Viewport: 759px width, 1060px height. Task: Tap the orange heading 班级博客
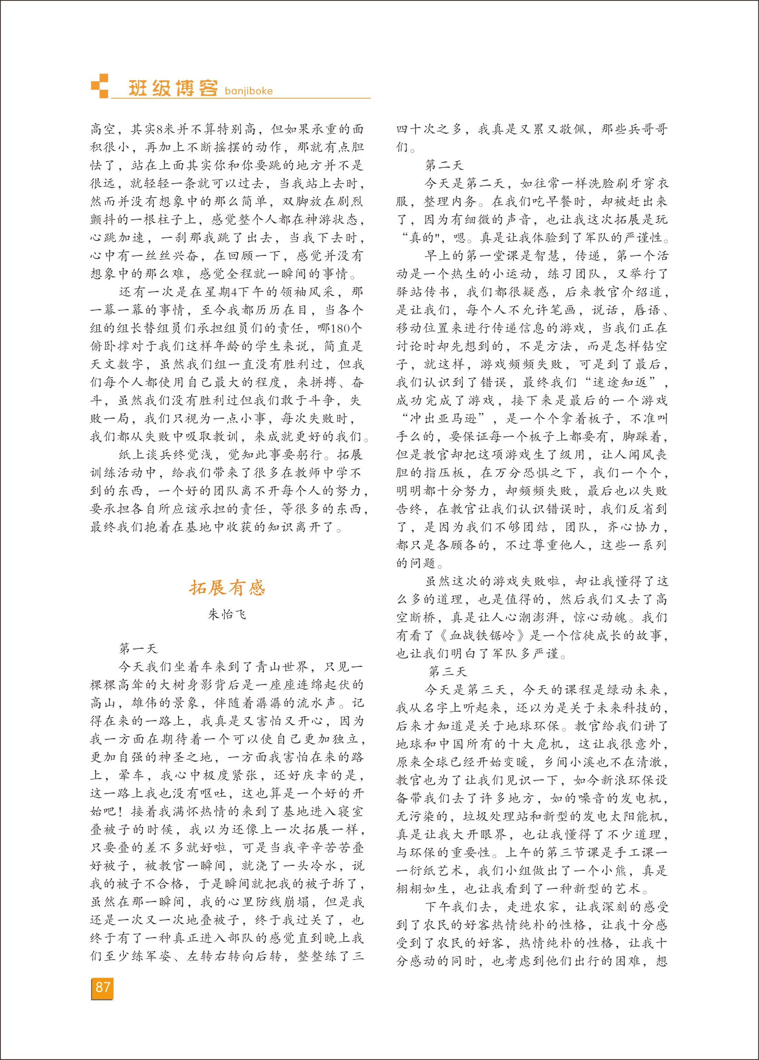[x=173, y=88]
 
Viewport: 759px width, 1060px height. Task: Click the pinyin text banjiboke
[x=249, y=91]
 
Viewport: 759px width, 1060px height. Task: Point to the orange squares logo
[x=99, y=86]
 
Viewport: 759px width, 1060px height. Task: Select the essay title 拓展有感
[x=227, y=587]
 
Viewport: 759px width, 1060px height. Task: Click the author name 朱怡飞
[x=227, y=615]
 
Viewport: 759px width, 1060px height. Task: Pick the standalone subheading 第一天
[x=138, y=648]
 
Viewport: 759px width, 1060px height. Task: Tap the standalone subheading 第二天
[x=444, y=165]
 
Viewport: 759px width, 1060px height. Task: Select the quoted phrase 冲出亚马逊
[x=448, y=418]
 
